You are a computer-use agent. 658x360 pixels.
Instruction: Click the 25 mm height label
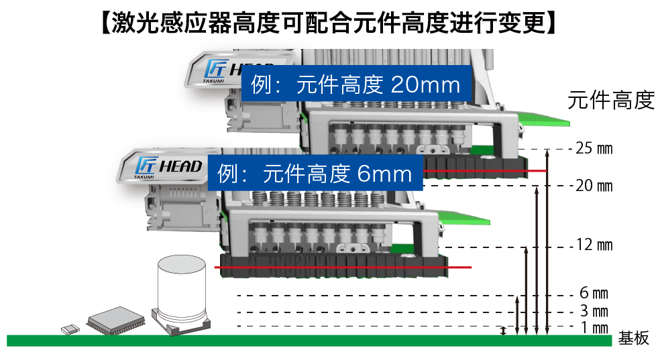[x=594, y=148]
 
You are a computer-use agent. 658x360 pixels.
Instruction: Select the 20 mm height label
[x=594, y=186]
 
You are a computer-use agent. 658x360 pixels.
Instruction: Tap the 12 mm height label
[x=594, y=245]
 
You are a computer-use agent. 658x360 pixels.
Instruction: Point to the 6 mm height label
[x=594, y=293]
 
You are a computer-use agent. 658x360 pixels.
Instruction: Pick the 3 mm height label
[x=594, y=311]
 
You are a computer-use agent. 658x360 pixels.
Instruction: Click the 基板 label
[x=634, y=338]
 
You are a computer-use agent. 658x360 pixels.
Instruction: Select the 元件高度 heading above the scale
[x=610, y=101]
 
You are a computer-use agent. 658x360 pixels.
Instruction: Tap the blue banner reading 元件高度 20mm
[x=356, y=84]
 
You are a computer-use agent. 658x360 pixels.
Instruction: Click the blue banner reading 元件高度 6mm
[x=315, y=173]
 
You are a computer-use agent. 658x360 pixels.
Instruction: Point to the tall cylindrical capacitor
[x=181, y=294]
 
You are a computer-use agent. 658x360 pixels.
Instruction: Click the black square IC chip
[x=116, y=321]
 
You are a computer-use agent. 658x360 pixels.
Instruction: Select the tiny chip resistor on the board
[x=70, y=329]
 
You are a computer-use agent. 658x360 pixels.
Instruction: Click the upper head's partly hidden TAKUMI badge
[x=214, y=70]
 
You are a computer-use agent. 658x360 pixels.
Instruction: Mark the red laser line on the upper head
[x=485, y=171]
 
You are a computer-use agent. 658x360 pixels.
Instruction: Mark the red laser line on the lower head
[x=343, y=267]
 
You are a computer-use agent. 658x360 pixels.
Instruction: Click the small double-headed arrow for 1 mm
[x=504, y=331]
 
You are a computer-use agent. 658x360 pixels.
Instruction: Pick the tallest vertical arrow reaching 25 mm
[x=547, y=242]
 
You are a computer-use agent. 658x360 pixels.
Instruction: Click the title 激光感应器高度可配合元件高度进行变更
[x=329, y=22]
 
